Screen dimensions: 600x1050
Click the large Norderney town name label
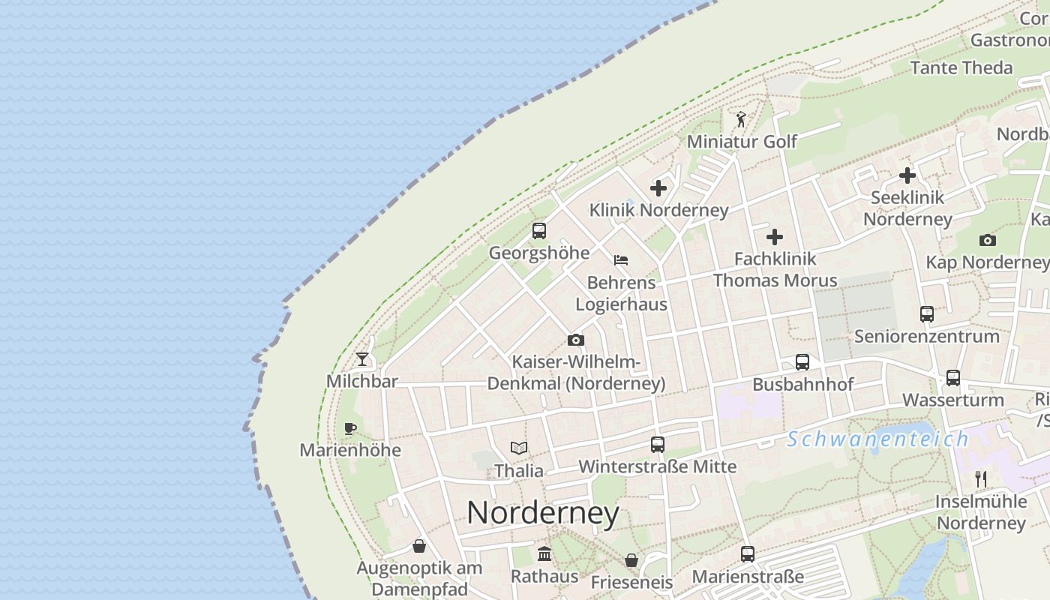tap(543, 513)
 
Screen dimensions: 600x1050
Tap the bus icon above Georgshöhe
tap(539, 231)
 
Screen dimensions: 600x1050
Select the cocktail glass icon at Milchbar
tap(363, 359)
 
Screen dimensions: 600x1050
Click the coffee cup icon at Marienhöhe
tap(349, 428)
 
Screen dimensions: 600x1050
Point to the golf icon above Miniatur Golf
tap(741, 119)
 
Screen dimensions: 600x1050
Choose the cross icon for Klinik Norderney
tap(658, 188)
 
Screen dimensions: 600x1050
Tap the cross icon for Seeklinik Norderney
tap(907, 175)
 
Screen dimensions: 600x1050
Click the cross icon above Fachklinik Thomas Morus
tap(775, 237)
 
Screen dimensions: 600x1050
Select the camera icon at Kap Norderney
tap(988, 240)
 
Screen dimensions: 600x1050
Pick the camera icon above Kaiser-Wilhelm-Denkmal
tap(576, 340)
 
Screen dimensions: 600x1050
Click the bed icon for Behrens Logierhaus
tap(621, 260)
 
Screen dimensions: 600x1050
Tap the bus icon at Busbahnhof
tap(802, 362)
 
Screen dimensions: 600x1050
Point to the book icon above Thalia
tap(519, 448)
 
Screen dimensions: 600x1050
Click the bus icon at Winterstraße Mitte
tap(658, 445)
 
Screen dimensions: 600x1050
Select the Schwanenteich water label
tap(877, 439)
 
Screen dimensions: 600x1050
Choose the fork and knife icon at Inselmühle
tap(981, 478)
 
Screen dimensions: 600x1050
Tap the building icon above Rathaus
tap(544, 554)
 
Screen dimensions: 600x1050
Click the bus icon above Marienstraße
tap(748, 554)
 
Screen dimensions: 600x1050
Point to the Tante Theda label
tap(961, 67)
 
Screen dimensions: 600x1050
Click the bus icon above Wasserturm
tap(953, 377)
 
